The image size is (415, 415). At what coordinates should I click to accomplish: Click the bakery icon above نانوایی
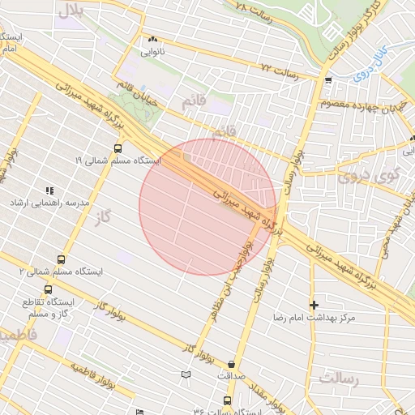(152, 38)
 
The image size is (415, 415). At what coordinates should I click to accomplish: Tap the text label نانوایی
(152, 52)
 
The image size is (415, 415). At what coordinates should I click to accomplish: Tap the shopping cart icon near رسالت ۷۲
(328, 80)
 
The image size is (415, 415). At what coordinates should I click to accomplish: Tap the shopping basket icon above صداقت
(233, 364)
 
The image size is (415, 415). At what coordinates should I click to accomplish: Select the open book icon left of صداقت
(187, 374)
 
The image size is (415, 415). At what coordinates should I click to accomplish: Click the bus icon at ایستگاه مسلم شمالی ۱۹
(118, 148)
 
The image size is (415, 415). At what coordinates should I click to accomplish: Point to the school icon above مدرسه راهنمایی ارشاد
(49, 190)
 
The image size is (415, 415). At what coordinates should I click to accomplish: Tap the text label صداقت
(233, 377)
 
